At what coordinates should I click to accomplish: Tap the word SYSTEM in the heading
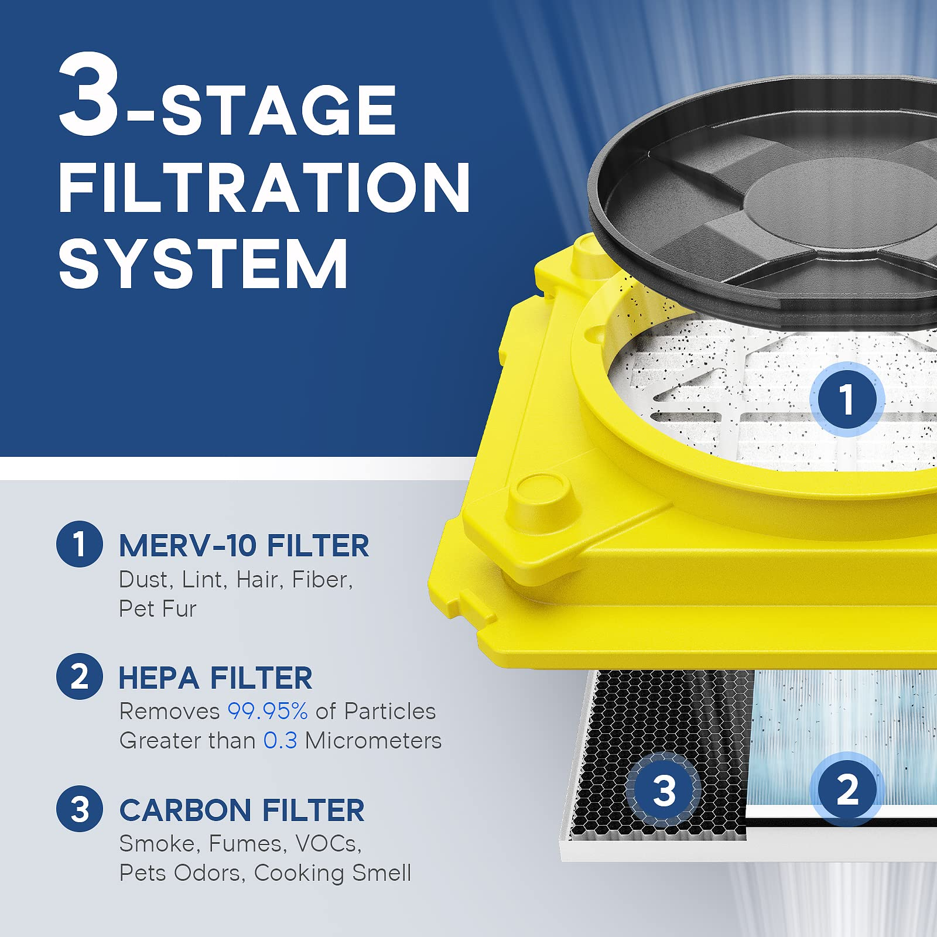[203, 264]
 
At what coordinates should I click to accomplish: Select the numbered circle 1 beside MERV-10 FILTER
[80, 543]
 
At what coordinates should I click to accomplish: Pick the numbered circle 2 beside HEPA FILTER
[80, 676]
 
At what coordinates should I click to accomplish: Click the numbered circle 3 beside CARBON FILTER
[80, 809]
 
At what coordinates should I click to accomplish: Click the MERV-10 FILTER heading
[244, 546]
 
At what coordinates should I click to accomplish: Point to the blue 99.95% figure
[267, 711]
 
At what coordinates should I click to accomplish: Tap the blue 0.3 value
[280, 740]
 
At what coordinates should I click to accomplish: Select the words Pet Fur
[157, 608]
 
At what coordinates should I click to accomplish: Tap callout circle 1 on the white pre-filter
[846, 400]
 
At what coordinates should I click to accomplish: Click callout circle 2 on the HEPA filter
[846, 789]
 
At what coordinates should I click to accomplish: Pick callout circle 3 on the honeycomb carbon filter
[664, 790]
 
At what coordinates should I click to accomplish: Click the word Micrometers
[373, 740]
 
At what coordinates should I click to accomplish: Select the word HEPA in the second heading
[159, 678]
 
